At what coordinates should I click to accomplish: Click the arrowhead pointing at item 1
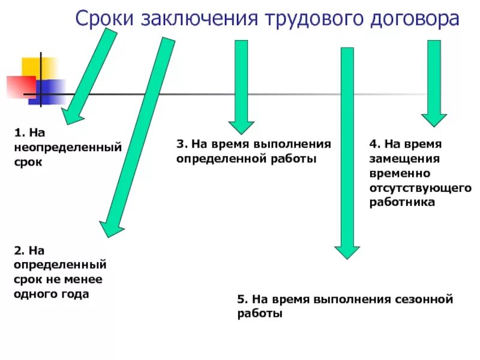pyautogui.click(x=71, y=115)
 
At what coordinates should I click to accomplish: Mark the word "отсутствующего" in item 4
pyautogui.click(x=420, y=188)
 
